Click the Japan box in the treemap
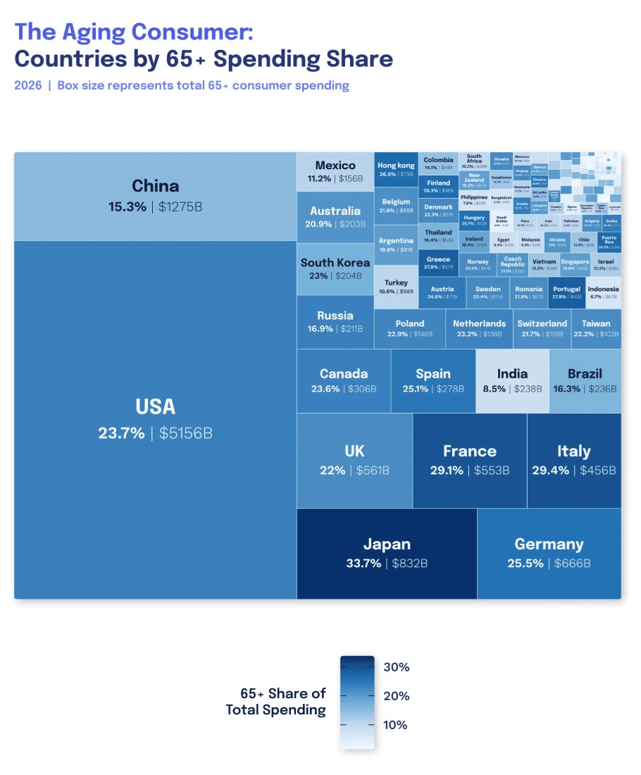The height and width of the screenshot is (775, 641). tap(387, 553)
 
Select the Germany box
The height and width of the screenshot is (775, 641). tap(549, 553)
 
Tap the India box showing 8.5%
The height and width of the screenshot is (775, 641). tap(512, 380)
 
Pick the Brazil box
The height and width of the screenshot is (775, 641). tap(585, 380)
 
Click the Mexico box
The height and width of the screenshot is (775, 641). tap(335, 171)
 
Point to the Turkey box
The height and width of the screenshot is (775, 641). tap(396, 287)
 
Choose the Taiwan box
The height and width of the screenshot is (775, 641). tap(596, 328)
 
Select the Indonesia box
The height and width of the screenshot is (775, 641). tap(603, 292)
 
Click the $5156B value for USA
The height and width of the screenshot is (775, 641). tap(185, 433)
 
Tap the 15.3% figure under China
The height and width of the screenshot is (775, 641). tap(127, 207)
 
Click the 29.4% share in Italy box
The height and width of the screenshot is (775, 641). tap(550, 471)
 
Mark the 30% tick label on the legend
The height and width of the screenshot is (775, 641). tap(397, 667)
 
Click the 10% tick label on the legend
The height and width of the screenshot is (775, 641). tap(396, 725)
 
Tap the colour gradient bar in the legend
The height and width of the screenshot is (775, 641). tap(357, 701)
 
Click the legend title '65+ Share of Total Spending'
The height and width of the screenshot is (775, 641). tap(276, 702)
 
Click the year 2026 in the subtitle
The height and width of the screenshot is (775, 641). tap(28, 85)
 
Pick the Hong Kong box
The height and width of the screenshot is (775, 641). tap(396, 169)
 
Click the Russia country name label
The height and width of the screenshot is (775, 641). tap(335, 316)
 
